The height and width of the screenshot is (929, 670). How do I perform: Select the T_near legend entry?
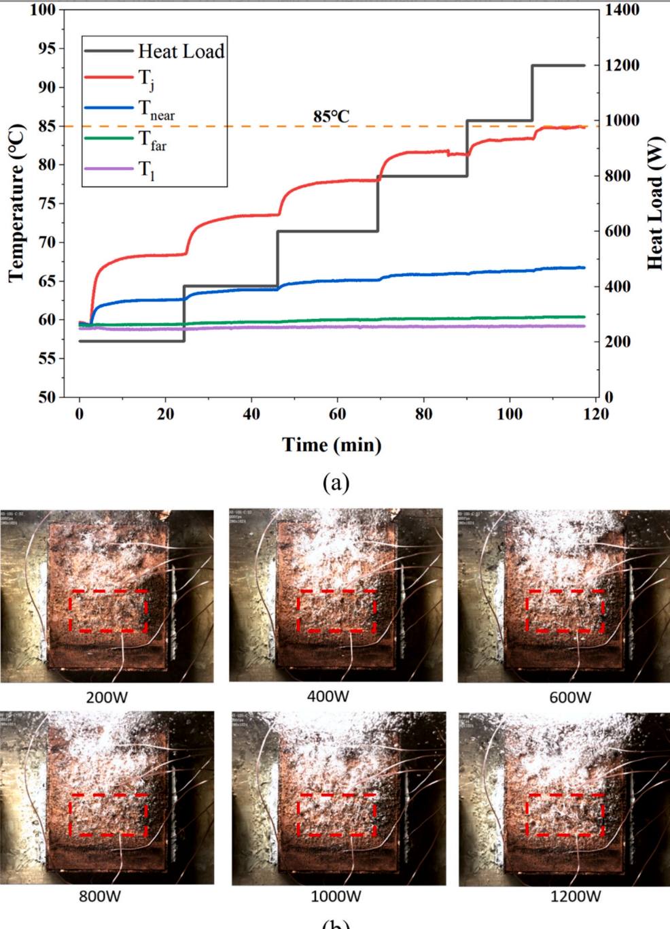(x=156, y=109)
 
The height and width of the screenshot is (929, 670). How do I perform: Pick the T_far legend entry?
(x=153, y=140)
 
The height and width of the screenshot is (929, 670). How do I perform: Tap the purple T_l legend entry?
(x=147, y=169)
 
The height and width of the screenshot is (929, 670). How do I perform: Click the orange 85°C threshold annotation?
(x=332, y=117)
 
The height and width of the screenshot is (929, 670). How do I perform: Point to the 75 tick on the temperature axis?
(x=47, y=203)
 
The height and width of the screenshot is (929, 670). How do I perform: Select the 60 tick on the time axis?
(x=337, y=414)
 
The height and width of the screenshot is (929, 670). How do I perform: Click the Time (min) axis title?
(x=332, y=445)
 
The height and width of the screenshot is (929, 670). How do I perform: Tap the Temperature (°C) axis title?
(x=16, y=203)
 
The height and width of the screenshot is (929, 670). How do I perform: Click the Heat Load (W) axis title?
(x=654, y=203)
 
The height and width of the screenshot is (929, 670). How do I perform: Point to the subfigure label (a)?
(x=336, y=482)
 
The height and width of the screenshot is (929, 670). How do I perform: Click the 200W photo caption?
(x=107, y=698)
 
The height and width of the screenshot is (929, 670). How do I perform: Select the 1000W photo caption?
(x=336, y=896)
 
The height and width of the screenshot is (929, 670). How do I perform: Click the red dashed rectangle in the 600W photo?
(x=565, y=611)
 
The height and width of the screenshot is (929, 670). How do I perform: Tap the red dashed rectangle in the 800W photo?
(x=108, y=814)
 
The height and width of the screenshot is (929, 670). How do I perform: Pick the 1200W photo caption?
(x=576, y=896)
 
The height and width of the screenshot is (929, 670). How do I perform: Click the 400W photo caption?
(x=328, y=696)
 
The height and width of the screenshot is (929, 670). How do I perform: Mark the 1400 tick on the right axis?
(x=622, y=10)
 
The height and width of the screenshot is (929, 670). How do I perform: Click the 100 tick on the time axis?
(x=510, y=414)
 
